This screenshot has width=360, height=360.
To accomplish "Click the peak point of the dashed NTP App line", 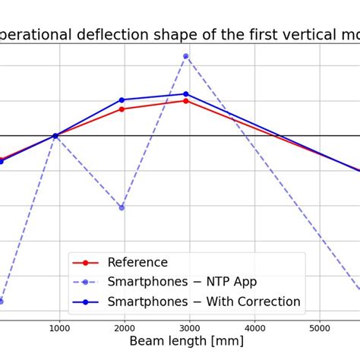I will [185, 56].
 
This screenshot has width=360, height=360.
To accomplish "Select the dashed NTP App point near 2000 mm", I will [122, 207].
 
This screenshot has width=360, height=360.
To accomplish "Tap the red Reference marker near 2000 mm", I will [122, 109].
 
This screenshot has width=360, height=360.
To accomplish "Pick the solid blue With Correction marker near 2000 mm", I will [122, 99].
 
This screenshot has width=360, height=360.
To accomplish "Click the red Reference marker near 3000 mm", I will [185, 100].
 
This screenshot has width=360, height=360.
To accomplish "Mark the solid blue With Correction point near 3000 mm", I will [185, 93].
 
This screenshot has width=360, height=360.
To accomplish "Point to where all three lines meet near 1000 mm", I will [55, 136].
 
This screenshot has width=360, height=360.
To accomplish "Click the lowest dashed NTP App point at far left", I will [2, 302].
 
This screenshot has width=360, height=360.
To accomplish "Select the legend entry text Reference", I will [137, 263].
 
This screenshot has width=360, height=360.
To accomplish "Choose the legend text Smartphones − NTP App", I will [182, 282].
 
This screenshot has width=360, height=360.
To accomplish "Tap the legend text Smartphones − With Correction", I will [204, 302].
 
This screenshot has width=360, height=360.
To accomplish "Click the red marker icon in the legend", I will [86, 263].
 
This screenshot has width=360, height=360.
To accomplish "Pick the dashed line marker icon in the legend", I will [86, 283].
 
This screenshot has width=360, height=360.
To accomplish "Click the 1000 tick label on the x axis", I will [59, 328].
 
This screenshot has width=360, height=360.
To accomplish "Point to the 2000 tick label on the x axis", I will [125, 328].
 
